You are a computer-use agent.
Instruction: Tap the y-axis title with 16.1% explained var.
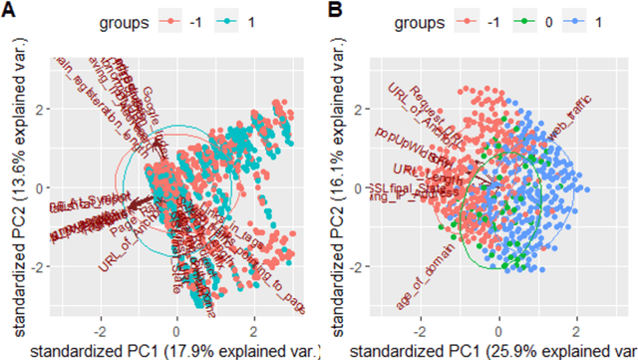344,184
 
